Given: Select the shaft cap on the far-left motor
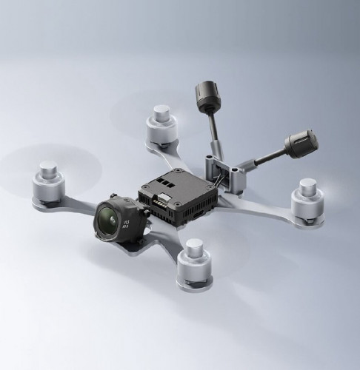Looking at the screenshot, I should [48, 166].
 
